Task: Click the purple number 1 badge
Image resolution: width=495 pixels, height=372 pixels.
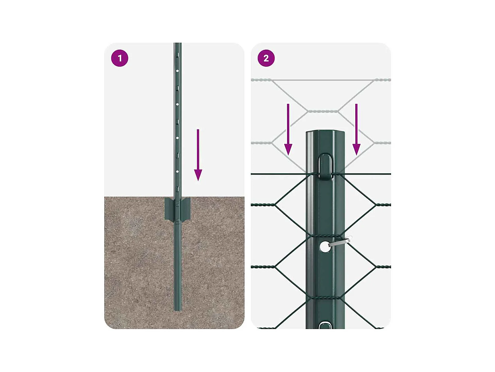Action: click(x=119, y=58)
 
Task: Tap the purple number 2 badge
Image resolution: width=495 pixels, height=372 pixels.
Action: click(x=266, y=58)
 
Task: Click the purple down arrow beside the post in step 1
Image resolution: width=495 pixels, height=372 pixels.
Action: click(x=198, y=155)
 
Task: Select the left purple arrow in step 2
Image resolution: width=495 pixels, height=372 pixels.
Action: click(x=288, y=130)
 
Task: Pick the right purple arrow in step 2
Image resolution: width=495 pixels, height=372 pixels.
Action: click(x=356, y=130)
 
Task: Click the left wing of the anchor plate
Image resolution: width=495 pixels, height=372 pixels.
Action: click(x=170, y=208)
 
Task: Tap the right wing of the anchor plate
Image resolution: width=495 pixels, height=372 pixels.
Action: click(x=185, y=208)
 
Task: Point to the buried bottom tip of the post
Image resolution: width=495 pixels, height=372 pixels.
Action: click(x=178, y=310)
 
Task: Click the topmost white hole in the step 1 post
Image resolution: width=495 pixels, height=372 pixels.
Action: click(x=177, y=71)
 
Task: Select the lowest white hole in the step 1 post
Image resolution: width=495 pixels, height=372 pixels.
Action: click(x=177, y=172)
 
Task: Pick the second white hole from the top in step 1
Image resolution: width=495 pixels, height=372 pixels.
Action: click(x=177, y=104)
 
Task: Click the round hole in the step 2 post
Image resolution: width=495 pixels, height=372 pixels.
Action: click(x=325, y=247)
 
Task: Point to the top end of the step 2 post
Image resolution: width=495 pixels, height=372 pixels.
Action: click(x=325, y=131)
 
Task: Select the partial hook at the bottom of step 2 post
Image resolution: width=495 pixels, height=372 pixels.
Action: click(x=325, y=325)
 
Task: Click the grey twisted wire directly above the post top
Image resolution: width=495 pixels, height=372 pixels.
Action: click(x=323, y=111)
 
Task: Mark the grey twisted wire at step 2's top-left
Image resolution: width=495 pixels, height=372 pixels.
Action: click(x=262, y=80)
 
